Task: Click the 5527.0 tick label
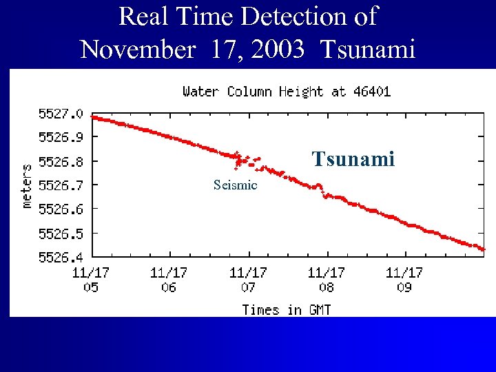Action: (61, 113)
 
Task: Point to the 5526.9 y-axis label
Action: (61, 137)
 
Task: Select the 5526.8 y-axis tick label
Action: (61, 161)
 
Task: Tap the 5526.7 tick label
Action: (61, 185)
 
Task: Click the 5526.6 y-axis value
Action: (61, 209)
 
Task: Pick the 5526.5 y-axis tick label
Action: (61, 233)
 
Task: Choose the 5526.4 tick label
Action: (61, 257)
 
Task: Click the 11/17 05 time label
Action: (91, 280)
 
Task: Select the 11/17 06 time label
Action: (169, 280)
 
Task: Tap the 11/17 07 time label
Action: (248, 280)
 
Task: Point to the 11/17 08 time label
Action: (326, 280)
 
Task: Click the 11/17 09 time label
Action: (404, 280)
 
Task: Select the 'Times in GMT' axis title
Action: (286, 310)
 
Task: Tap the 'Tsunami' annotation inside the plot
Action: (353, 160)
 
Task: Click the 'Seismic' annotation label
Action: (235, 185)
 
